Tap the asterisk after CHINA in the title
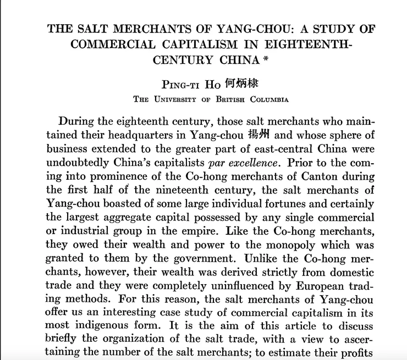[266, 60]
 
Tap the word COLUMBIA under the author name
[269, 99]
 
